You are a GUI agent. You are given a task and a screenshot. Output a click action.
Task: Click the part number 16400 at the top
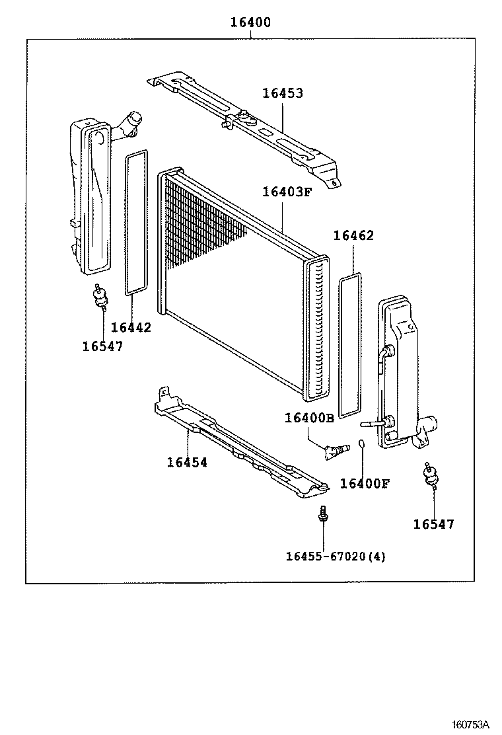tap(250, 22)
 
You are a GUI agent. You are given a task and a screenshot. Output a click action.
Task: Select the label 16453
tap(283, 93)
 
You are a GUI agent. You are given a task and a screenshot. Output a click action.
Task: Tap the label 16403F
tap(286, 192)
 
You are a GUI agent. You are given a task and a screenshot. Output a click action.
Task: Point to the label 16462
tap(353, 236)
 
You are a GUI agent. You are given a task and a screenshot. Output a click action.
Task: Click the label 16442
tap(131, 327)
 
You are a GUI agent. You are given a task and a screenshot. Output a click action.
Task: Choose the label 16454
tap(187, 463)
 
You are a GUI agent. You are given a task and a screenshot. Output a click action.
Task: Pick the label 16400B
tap(309, 418)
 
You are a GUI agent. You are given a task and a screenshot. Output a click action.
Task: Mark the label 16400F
tap(364, 483)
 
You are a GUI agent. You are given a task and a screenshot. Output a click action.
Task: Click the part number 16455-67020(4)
tap(335, 556)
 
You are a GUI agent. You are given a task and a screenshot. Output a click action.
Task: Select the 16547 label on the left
tap(102, 346)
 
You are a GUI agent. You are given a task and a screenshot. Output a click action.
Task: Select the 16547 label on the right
tap(434, 524)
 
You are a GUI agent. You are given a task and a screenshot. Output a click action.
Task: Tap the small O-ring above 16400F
tap(363, 444)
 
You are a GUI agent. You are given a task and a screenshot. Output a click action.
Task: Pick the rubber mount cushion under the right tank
tap(432, 476)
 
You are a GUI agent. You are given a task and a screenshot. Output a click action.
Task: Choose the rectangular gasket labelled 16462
tap(350, 346)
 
